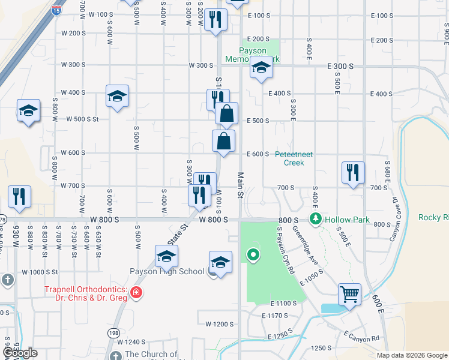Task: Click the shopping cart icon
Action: pos(349,295)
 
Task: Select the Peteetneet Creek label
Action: pos(294,158)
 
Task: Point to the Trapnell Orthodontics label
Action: pos(85,293)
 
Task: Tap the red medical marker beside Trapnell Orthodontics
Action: pos(137,293)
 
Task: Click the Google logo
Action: pos(20,353)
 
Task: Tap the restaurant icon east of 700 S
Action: pos(353,172)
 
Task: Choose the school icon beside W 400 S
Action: pos(117,96)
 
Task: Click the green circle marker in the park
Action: pos(253,256)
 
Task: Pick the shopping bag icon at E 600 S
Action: pos(223,142)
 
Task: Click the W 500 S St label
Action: pos(82,119)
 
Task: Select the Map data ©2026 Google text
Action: pos(411,355)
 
